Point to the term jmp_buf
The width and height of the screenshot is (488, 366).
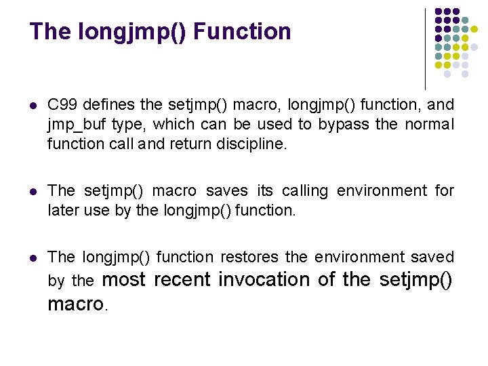click(74, 125)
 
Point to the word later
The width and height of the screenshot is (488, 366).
click(63, 211)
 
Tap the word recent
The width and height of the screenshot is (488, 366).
click(183, 279)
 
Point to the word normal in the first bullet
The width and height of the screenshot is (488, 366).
click(430, 125)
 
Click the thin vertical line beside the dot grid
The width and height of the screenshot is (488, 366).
click(425, 47)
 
